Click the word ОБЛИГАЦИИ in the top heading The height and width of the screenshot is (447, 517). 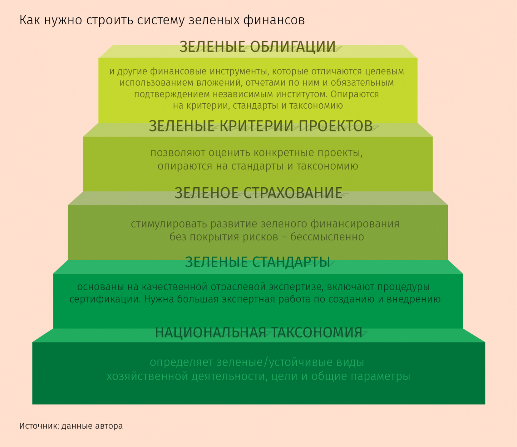point(293,47)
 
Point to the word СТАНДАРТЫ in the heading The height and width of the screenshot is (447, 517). point(291,262)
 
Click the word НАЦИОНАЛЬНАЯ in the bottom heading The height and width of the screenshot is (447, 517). point(211,333)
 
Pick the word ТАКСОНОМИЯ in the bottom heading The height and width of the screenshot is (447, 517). point(317,333)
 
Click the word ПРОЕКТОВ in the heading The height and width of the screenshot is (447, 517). point(336,126)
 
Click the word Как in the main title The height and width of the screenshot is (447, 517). point(30,20)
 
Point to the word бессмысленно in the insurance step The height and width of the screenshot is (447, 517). point(327,237)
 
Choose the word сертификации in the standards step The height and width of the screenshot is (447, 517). point(105,299)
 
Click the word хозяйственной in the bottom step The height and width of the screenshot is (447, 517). point(147,376)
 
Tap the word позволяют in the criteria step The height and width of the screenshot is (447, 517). point(178,153)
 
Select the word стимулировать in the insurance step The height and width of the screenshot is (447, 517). point(169,224)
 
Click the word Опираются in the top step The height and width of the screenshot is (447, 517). point(355,95)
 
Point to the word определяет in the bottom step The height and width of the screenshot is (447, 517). point(181,363)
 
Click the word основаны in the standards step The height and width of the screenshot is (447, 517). point(100,287)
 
